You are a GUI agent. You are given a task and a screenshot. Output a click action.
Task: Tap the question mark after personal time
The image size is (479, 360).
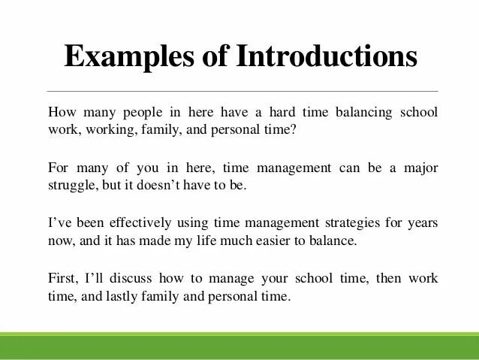coord(294,130)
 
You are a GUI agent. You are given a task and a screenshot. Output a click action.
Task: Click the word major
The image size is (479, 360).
coord(422,167)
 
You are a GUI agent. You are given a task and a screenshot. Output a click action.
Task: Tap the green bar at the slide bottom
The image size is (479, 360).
coord(239,346)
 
